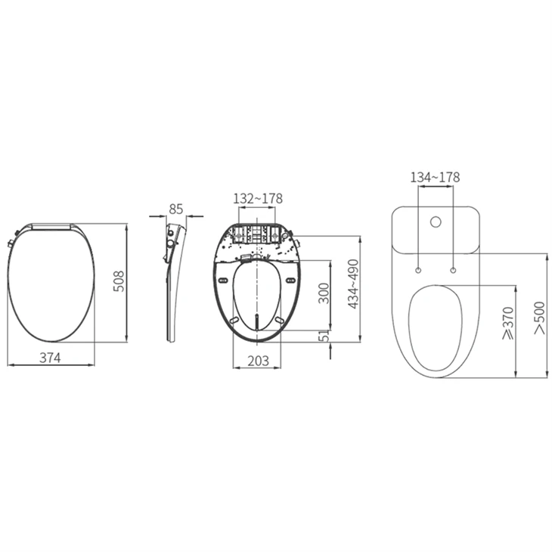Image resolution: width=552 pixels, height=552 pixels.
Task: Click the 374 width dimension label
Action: [50, 358]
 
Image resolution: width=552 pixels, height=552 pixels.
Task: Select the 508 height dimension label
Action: [119, 281]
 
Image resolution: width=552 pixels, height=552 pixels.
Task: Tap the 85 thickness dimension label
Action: [176, 209]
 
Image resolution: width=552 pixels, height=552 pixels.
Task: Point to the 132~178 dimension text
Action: [258, 199]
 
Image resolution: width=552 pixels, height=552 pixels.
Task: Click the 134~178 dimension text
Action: [435, 177]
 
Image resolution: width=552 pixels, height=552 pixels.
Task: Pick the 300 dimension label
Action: [324, 293]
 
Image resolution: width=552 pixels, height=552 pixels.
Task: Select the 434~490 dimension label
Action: [353, 284]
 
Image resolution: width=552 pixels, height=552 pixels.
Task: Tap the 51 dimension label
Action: [324, 336]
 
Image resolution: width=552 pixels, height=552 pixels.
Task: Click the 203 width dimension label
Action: [258, 361]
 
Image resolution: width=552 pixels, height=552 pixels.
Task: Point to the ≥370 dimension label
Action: [508, 323]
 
